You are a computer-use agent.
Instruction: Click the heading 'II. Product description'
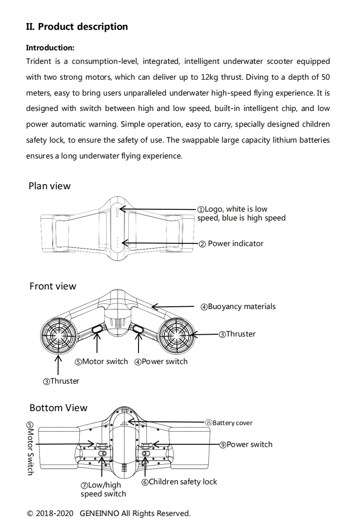tap(77, 27)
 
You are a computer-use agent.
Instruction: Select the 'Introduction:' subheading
tap(50, 48)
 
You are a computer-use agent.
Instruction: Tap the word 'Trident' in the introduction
tap(39, 61)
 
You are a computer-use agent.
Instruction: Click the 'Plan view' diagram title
tap(49, 186)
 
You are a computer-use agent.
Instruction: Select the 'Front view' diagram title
tap(53, 286)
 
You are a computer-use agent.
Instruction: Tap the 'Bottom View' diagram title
tap(58, 408)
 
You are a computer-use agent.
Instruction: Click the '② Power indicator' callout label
tap(231, 243)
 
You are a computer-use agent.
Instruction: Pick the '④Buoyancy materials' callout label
tap(238, 307)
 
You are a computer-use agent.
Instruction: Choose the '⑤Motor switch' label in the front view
tap(101, 362)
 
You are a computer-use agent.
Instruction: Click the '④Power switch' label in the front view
tap(161, 362)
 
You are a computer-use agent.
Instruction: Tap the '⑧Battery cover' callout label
tap(229, 423)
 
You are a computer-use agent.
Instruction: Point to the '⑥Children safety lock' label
tap(179, 482)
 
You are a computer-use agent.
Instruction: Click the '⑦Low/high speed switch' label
tap(103, 489)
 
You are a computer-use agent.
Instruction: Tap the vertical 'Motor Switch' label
tap(30, 448)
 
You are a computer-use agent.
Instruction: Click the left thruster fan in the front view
tap(58, 335)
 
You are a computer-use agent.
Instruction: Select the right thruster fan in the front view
tap(177, 335)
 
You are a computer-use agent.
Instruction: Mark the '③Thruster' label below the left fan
tap(61, 381)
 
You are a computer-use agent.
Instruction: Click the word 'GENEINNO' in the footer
tap(99, 513)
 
